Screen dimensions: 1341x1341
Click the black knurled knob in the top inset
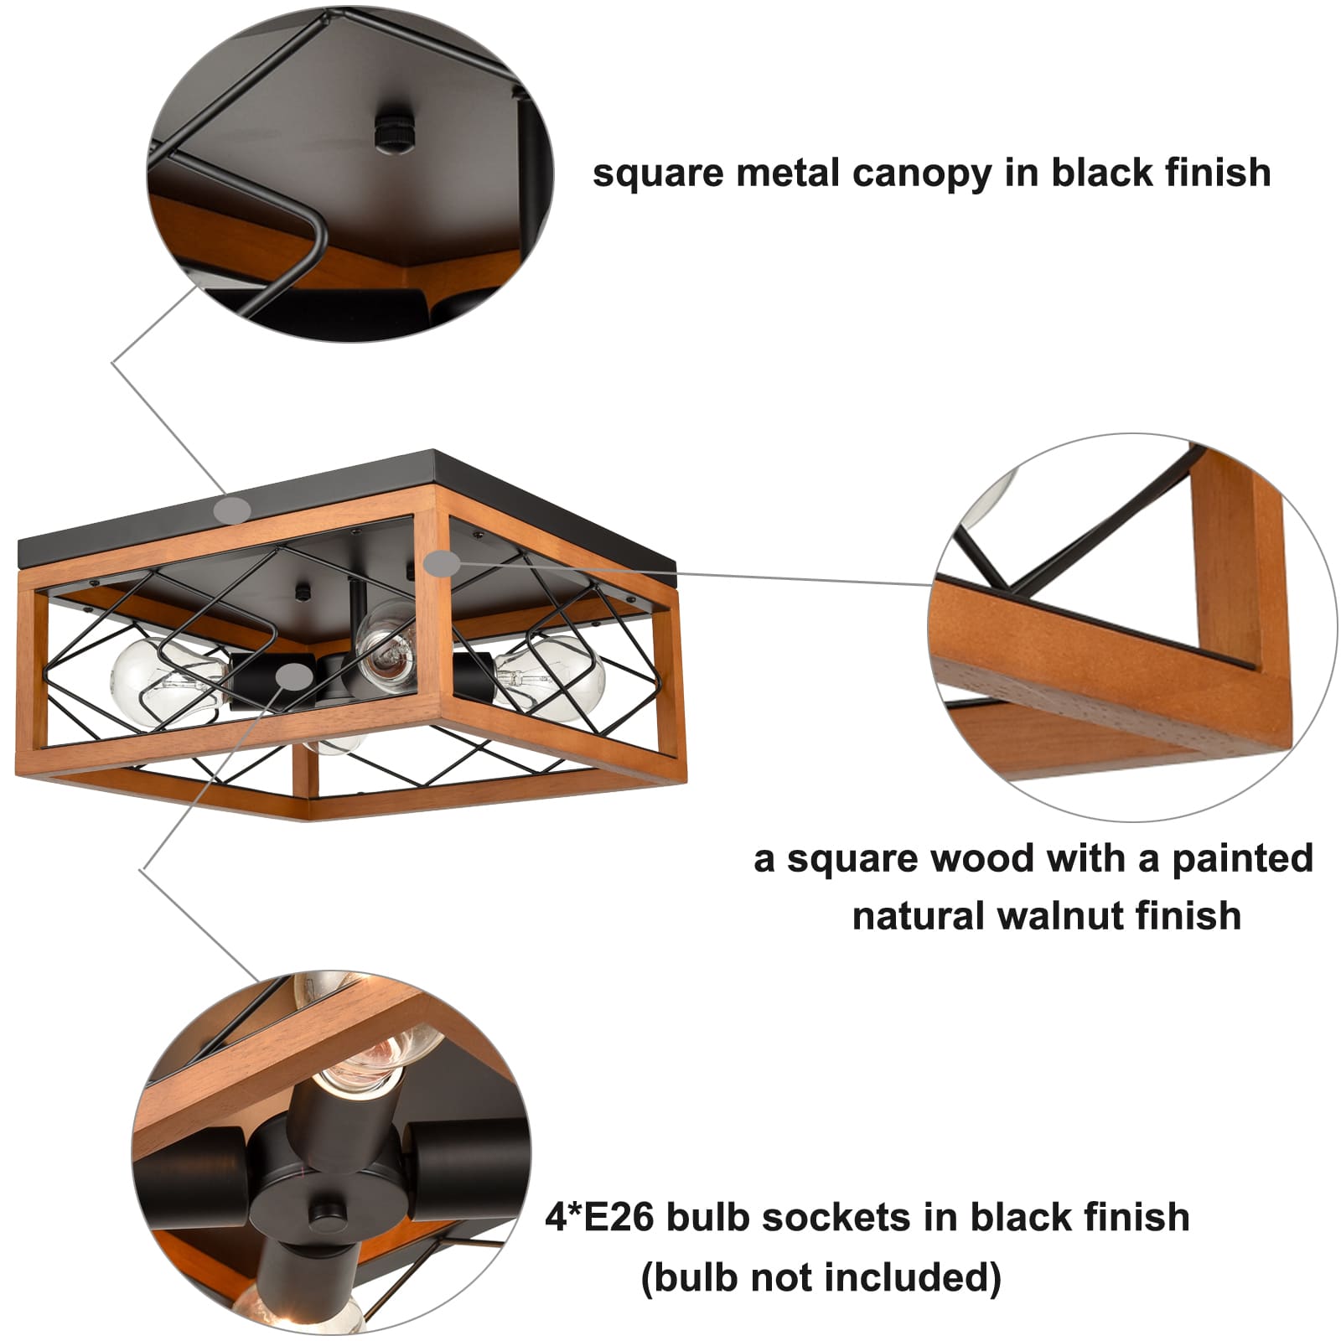[391, 130]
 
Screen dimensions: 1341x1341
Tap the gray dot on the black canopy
[232, 509]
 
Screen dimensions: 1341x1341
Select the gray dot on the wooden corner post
[442, 563]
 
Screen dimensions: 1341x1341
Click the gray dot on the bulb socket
[293, 676]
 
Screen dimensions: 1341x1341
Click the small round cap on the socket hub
[324, 1214]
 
